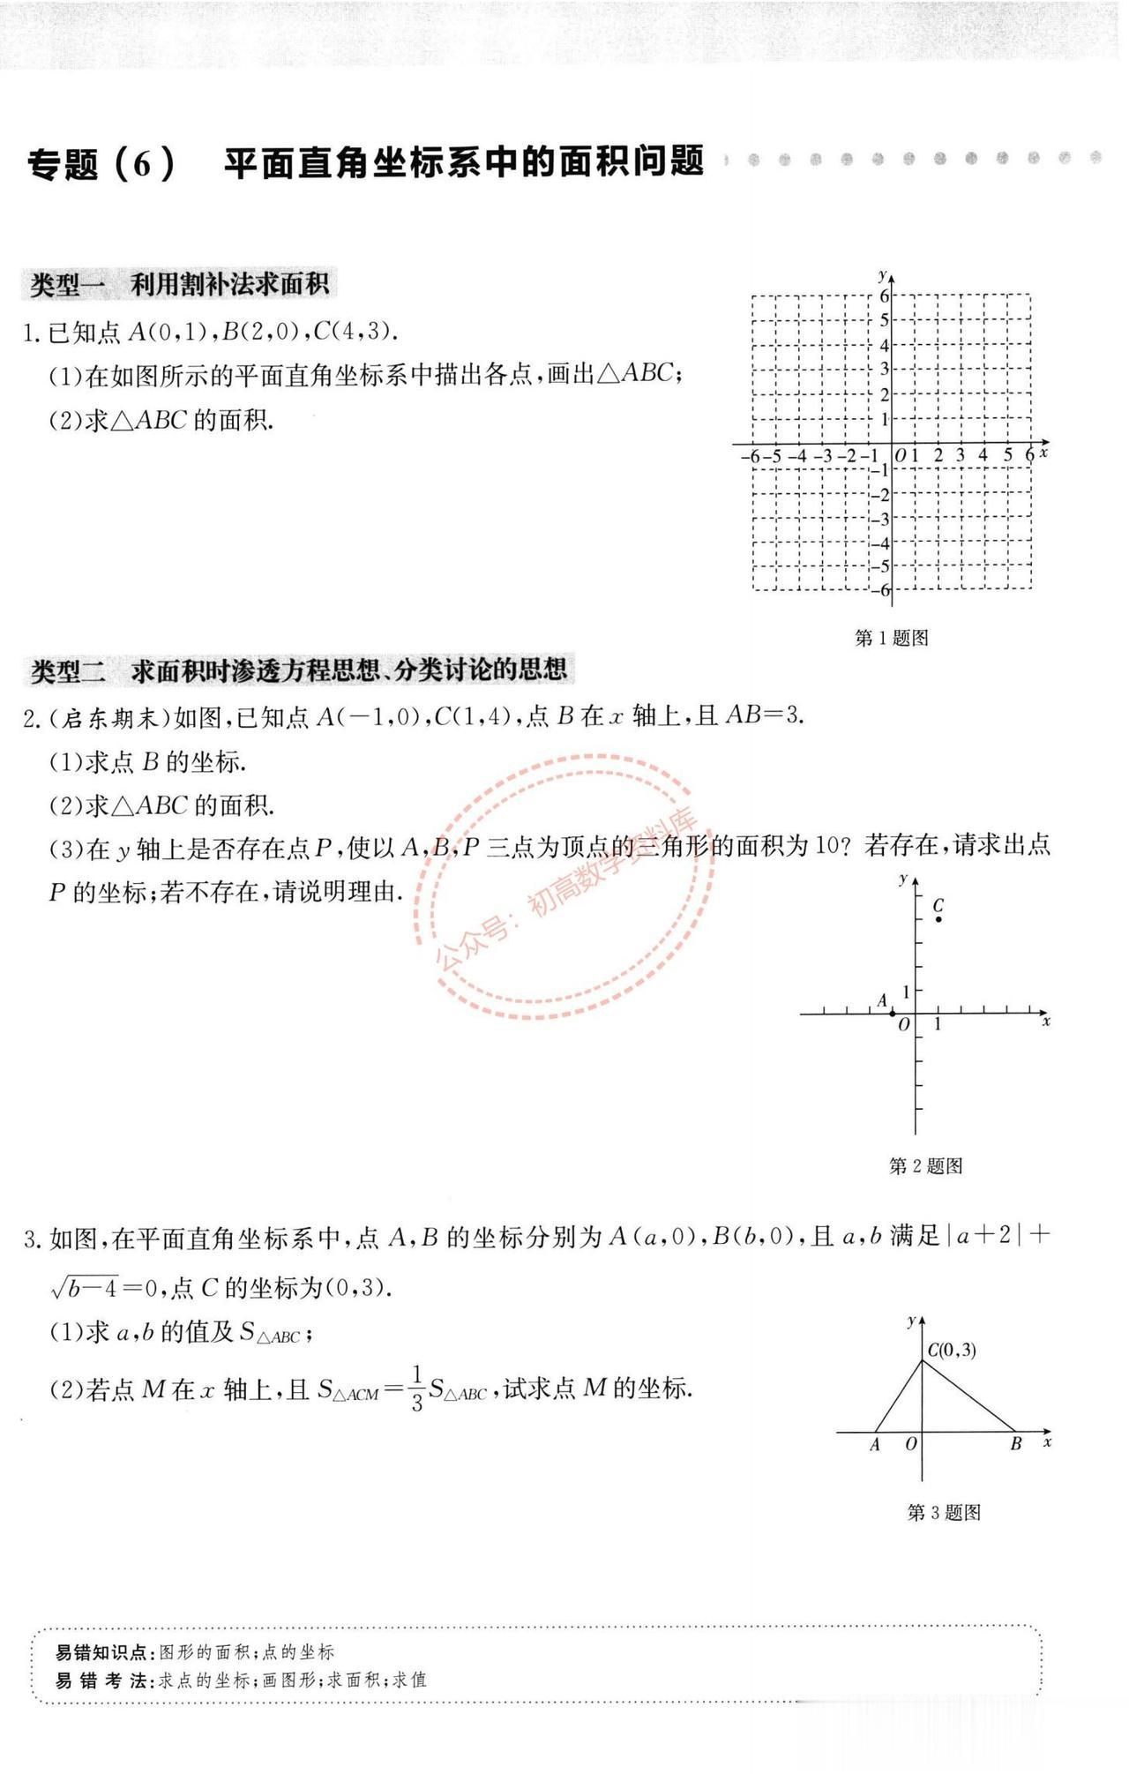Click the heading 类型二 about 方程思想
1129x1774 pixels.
[298, 670]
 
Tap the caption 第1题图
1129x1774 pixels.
[891, 638]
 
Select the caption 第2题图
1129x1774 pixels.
[925, 1166]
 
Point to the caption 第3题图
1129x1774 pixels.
[944, 1512]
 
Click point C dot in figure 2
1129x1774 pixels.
[938, 919]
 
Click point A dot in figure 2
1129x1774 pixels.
[892, 1014]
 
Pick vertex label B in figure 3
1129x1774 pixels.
[1015, 1445]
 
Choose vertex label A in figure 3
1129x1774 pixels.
[875, 1445]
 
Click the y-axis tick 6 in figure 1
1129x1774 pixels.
[884, 296]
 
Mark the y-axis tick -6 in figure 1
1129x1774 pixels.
[883, 590]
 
